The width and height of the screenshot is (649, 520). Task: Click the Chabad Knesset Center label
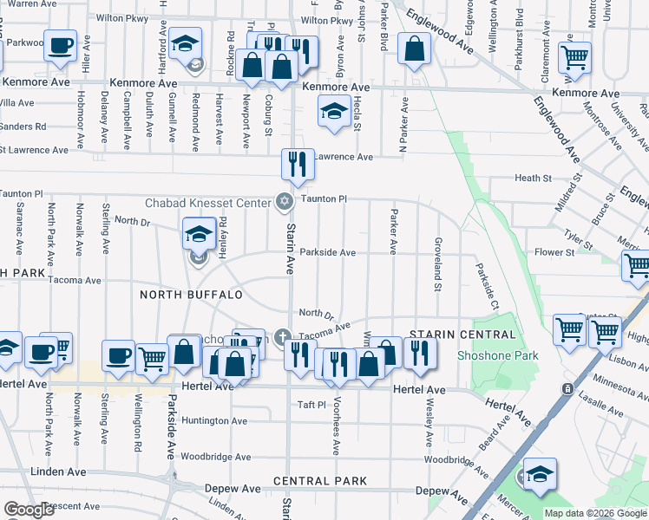click(x=207, y=203)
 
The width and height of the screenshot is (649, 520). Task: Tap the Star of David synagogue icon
click(x=283, y=202)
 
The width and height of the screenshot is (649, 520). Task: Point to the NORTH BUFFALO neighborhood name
click(x=192, y=295)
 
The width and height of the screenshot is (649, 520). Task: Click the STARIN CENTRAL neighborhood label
click(x=451, y=335)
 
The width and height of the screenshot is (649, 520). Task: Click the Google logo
click(x=28, y=510)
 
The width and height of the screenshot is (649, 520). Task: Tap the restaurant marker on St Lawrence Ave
click(x=298, y=163)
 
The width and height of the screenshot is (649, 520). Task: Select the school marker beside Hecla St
click(x=334, y=112)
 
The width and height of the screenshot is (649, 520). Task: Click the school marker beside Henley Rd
click(x=199, y=234)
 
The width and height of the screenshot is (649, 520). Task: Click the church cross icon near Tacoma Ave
click(x=281, y=337)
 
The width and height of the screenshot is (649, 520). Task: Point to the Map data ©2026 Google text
click(x=594, y=513)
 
